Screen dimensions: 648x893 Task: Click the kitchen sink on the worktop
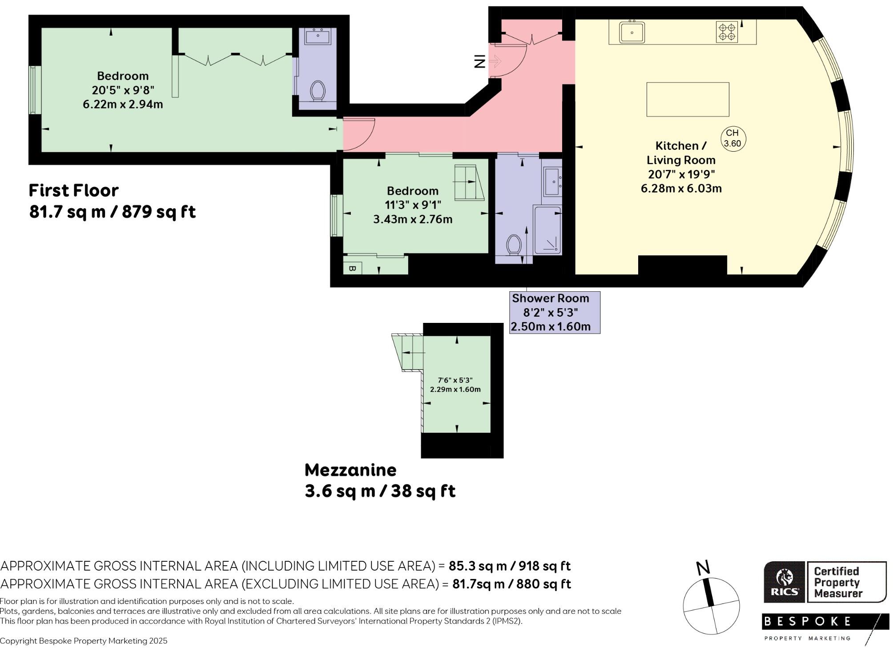tap(632, 32)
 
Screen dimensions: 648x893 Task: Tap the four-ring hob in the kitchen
tap(727, 32)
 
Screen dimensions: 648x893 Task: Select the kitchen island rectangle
tap(688, 99)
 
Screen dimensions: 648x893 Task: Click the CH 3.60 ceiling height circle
tap(732, 138)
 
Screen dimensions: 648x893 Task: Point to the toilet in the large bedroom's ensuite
tap(317, 91)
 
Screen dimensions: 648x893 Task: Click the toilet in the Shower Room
tap(514, 245)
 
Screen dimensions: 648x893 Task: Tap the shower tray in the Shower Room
tap(547, 230)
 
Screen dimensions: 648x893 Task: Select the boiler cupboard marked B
tap(352, 268)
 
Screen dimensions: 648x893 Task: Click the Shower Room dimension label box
tap(555, 312)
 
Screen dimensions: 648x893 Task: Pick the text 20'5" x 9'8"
tap(123, 90)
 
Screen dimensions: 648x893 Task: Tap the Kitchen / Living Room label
tap(680, 153)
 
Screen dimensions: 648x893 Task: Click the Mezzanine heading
tap(350, 470)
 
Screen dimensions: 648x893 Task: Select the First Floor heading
tap(74, 190)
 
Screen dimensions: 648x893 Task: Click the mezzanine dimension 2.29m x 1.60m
tap(455, 389)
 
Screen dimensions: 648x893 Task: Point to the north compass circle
tap(711, 606)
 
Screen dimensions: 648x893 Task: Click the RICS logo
tap(784, 582)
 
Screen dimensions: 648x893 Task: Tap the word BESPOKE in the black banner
tap(807, 621)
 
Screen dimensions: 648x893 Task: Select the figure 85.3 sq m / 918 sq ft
tap(509, 566)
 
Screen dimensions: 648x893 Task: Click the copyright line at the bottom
tap(84, 641)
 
